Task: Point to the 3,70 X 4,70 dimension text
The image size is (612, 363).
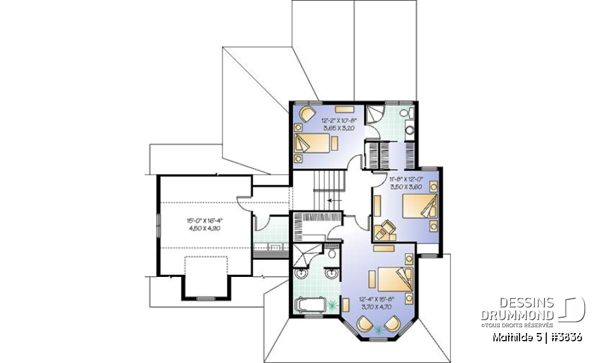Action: tap(377, 307)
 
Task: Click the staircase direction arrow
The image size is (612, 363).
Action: tap(330, 200)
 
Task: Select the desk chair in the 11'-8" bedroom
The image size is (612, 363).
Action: tap(384, 231)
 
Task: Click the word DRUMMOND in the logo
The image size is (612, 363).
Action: tap(518, 315)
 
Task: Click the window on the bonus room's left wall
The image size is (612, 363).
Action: tap(158, 225)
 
